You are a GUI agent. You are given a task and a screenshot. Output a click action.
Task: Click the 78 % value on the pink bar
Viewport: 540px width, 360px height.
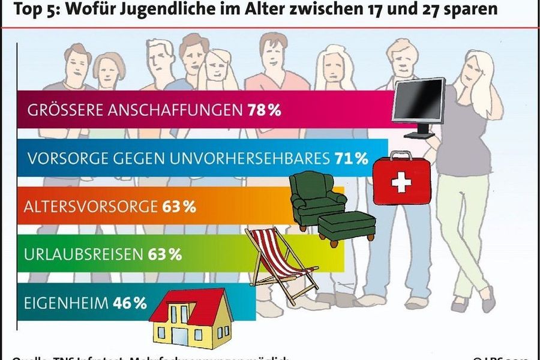point(264,110)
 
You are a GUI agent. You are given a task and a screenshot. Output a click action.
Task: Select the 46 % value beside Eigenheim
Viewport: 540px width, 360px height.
point(130,302)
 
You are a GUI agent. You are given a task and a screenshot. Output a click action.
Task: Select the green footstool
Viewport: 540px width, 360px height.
point(346,224)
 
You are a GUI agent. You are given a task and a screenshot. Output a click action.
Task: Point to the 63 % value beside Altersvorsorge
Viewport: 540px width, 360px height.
point(179,207)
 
